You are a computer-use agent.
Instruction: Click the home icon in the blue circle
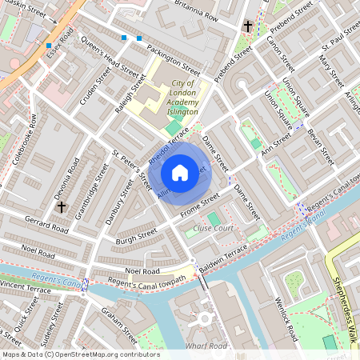point(180,173)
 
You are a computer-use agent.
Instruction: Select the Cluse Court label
point(213,228)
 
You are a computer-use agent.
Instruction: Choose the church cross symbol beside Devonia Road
point(61,206)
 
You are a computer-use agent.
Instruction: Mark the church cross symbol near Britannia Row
point(248,26)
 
